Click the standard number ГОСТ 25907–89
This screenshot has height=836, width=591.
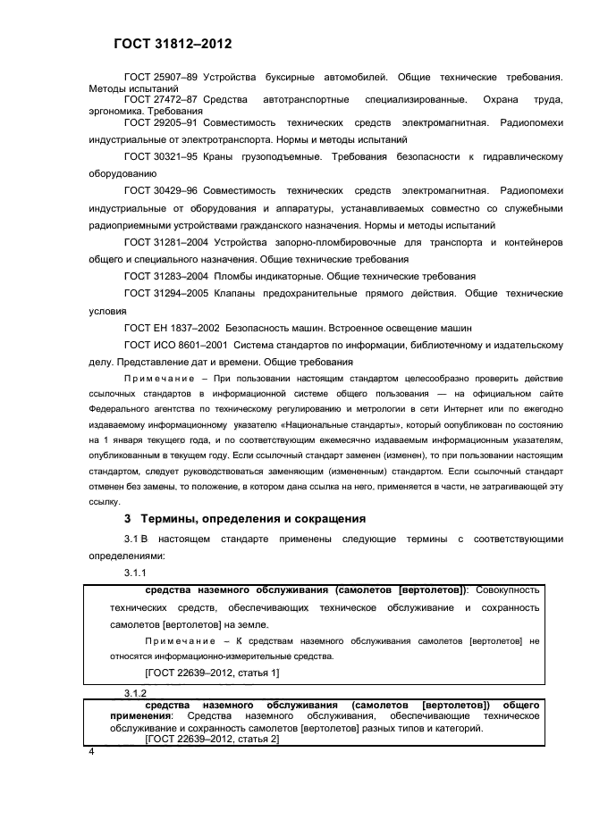pos(161,79)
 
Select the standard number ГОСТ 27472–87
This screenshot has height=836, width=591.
pos(161,99)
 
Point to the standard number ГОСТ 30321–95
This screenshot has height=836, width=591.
pos(161,157)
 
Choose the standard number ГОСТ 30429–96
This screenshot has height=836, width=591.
pos(161,191)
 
